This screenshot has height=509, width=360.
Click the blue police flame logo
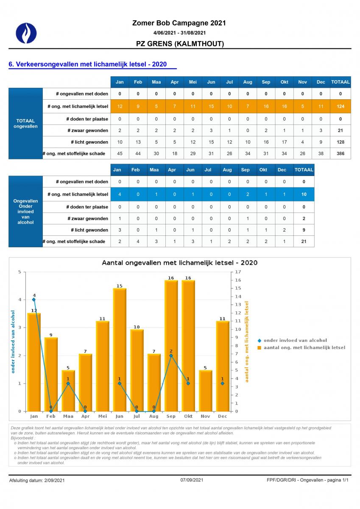(x=26, y=33)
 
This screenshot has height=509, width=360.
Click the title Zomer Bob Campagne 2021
(x=179, y=23)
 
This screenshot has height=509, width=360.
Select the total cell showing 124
(x=340, y=106)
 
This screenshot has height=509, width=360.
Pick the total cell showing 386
(x=340, y=154)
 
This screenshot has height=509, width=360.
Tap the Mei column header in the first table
(x=193, y=82)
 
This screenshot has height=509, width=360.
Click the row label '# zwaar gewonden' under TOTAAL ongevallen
(x=88, y=131)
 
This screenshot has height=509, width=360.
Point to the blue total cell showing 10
(x=304, y=194)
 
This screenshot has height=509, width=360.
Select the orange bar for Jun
(x=120, y=350)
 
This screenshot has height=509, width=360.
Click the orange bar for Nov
(x=205, y=391)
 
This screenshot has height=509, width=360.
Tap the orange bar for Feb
(x=51, y=374)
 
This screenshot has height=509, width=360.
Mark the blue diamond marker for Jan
(x=34, y=299)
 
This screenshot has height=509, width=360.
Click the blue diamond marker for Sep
(x=171, y=355)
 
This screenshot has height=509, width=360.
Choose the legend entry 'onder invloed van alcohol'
(x=293, y=340)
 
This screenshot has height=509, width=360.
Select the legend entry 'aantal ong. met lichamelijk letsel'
(x=301, y=347)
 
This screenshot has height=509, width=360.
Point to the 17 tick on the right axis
(x=237, y=272)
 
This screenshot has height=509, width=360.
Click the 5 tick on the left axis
(x=20, y=272)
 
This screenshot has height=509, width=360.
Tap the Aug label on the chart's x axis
(x=154, y=416)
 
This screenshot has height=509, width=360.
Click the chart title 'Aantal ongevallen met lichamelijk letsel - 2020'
(x=179, y=263)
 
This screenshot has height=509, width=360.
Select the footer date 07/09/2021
(x=192, y=480)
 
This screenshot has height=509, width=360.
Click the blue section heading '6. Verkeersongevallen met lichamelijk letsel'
(x=88, y=64)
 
